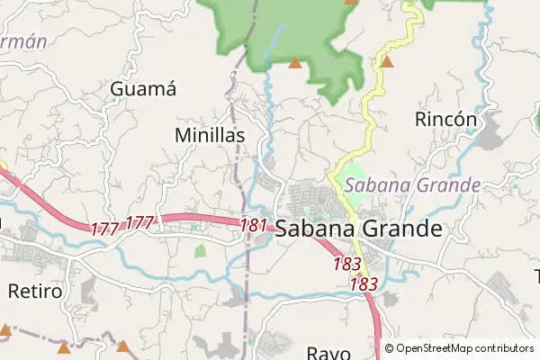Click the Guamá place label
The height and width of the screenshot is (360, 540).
pyautogui.click(x=142, y=89)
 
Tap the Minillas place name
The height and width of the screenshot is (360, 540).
pyautogui.click(x=209, y=134)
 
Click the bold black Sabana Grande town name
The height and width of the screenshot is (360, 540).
pyautogui.click(x=358, y=229)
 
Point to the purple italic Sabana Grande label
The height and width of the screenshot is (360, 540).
pyautogui.click(x=412, y=186)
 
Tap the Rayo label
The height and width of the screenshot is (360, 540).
pyautogui.click(x=327, y=352)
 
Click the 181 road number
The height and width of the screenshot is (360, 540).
pyautogui.click(x=254, y=223)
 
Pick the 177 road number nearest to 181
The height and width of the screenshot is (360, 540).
pyautogui.click(x=140, y=222)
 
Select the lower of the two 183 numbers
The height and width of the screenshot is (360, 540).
pyautogui.click(x=363, y=283)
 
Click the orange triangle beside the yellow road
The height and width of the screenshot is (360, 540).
pyautogui.click(x=387, y=62)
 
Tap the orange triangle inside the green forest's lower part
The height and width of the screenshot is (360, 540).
pyautogui.click(x=294, y=63)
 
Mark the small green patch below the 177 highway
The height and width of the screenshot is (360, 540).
pyautogui.click(x=200, y=251)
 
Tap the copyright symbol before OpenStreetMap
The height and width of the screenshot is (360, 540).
pyautogui.click(x=389, y=348)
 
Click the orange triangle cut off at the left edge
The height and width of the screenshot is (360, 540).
pyautogui.click(x=4, y=329)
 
